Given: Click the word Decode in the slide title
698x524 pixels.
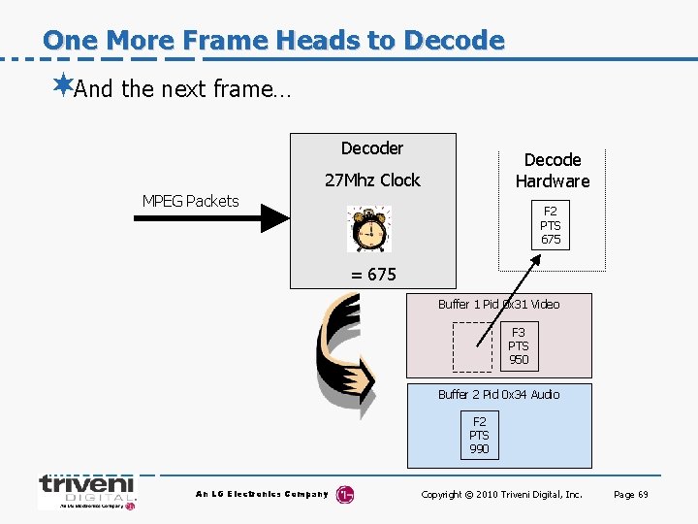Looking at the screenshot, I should pos(454,41).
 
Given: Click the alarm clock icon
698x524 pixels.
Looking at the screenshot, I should pos(368,229).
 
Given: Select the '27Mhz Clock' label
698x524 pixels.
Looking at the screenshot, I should pos(372,180).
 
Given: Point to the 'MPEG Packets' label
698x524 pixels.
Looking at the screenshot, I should pos(190,201).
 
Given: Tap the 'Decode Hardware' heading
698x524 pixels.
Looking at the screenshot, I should pos(553,170).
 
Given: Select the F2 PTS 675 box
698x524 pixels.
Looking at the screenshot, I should pos(551,225).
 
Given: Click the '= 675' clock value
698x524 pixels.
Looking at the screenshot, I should pos(373,275).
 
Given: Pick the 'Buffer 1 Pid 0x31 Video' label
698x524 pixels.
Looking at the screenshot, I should pos(498,305).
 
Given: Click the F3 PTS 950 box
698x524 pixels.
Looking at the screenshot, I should pos(519,346).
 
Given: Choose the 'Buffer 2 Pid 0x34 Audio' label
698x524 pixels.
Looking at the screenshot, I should pos(498,395).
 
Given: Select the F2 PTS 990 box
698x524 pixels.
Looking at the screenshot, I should pos(479,435).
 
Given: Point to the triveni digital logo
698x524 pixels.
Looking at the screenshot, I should pos(87,491).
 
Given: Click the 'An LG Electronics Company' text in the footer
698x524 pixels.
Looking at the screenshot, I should pos(262,495).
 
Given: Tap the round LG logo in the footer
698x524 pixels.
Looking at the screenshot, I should pos(345,495).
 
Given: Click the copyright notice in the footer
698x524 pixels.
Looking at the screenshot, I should pos(501,495).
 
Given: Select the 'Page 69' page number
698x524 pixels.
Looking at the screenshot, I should pos(631,495).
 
